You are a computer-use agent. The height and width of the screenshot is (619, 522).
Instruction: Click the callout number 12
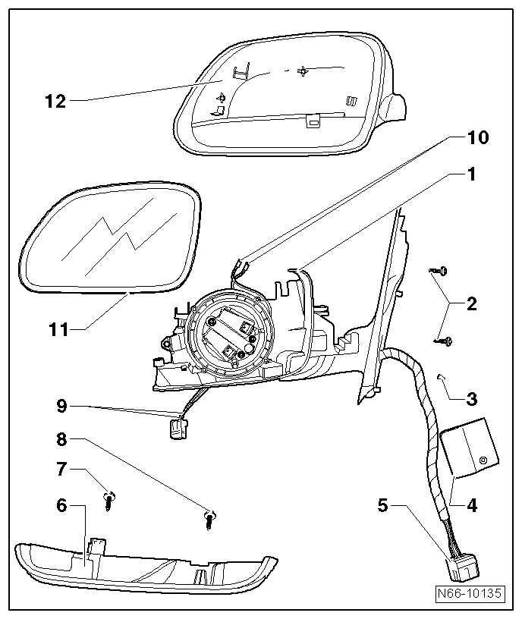pos(56,100)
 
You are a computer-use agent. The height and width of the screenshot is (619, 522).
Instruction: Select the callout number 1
pos(471,175)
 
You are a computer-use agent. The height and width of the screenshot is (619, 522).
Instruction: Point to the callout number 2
pos(471,304)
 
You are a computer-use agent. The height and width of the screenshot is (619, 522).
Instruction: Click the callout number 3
pos(471,397)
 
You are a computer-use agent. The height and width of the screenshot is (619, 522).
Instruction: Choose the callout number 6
pos(61,504)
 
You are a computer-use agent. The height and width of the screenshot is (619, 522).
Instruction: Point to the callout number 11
pos(56,329)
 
